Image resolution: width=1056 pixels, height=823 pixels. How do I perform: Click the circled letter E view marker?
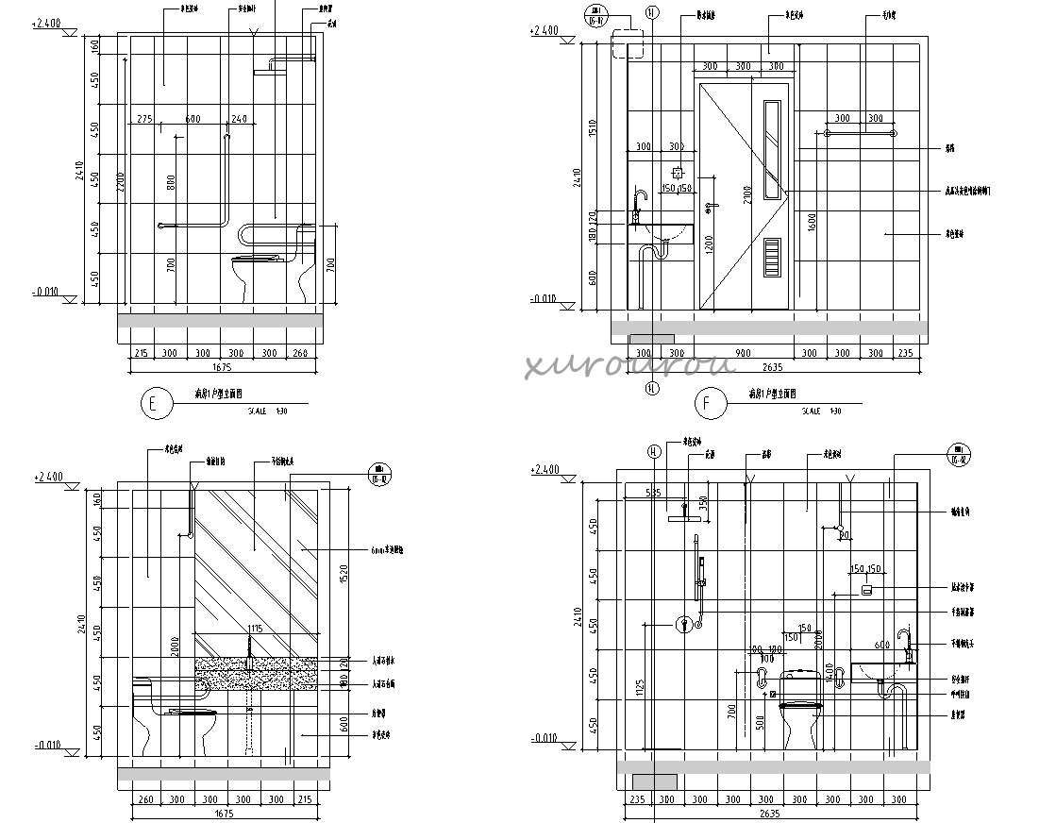157,404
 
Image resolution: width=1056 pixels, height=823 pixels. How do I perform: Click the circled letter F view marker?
709,404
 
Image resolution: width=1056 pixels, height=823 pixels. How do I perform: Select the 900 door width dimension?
743,352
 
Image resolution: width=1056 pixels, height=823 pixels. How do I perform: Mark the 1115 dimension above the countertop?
254,629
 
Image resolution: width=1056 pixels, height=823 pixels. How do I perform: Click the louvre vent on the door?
771,257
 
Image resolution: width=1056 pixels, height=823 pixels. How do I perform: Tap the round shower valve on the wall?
683,624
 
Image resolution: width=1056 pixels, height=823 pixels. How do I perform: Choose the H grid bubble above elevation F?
651,12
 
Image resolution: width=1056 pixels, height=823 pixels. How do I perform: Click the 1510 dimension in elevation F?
593,127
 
